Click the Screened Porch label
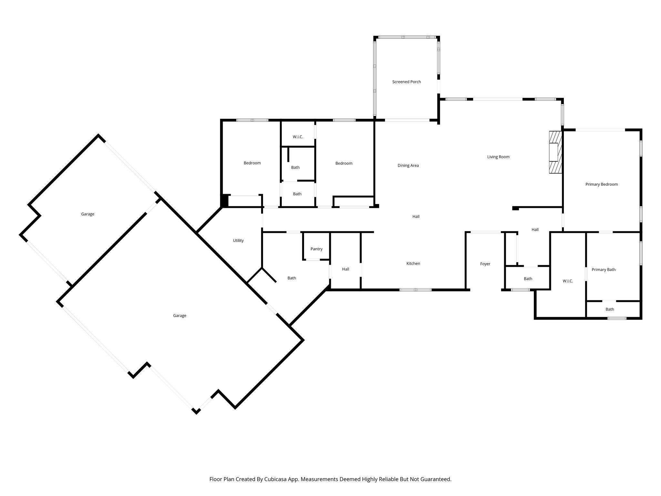(x=406, y=82)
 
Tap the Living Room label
(x=498, y=157)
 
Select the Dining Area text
(x=408, y=166)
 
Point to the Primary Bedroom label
(x=601, y=184)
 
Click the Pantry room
(x=316, y=249)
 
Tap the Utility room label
(x=238, y=241)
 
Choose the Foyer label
(x=485, y=264)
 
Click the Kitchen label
(x=413, y=263)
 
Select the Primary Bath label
(x=603, y=270)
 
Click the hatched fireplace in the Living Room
(x=555, y=152)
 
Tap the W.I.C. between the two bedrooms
(x=298, y=137)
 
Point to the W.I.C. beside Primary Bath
(x=568, y=281)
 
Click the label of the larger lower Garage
(x=179, y=316)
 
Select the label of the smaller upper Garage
(x=87, y=214)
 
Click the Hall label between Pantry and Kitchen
(x=345, y=269)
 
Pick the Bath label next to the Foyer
(x=528, y=279)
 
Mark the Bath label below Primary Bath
(x=610, y=309)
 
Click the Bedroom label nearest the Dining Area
(x=344, y=163)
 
